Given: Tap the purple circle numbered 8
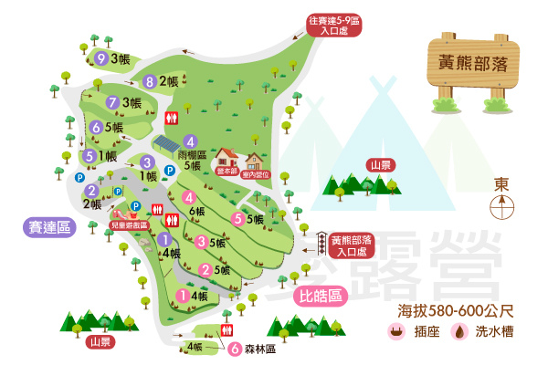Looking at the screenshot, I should pos(150,80).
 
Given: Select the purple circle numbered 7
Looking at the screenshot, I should pos(112,102).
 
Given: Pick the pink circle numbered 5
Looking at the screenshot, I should pos(237,218).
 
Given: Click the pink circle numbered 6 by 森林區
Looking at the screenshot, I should pos(235,348).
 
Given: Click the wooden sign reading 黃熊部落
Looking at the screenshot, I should pos(472,64).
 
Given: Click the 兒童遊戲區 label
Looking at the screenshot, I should pos(130,224).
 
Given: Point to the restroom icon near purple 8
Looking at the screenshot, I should pos(171,118).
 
